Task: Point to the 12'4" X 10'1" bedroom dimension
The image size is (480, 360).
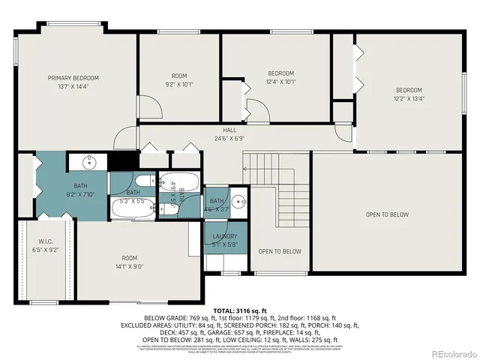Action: click(x=281, y=82)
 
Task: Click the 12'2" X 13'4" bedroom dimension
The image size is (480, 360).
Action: click(x=409, y=98)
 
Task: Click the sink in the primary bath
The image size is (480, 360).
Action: click(x=88, y=162)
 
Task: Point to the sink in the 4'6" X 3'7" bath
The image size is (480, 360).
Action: click(x=238, y=201)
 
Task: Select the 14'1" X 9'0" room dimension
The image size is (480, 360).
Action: click(x=130, y=265)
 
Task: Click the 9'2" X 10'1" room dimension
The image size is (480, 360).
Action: click(x=178, y=85)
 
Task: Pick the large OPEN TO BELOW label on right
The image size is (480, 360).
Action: click(x=387, y=214)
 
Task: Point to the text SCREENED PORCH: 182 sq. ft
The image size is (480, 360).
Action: click(x=242, y=324)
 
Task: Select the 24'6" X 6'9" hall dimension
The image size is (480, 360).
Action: click(x=229, y=138)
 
